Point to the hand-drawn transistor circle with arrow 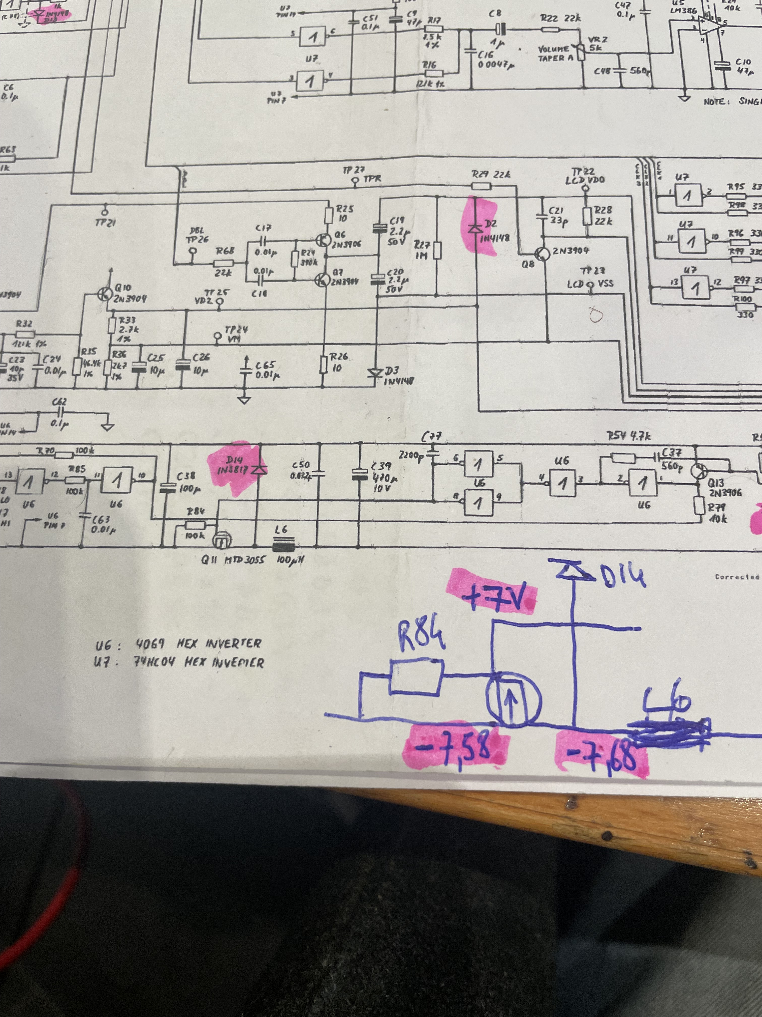point(514,701)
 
